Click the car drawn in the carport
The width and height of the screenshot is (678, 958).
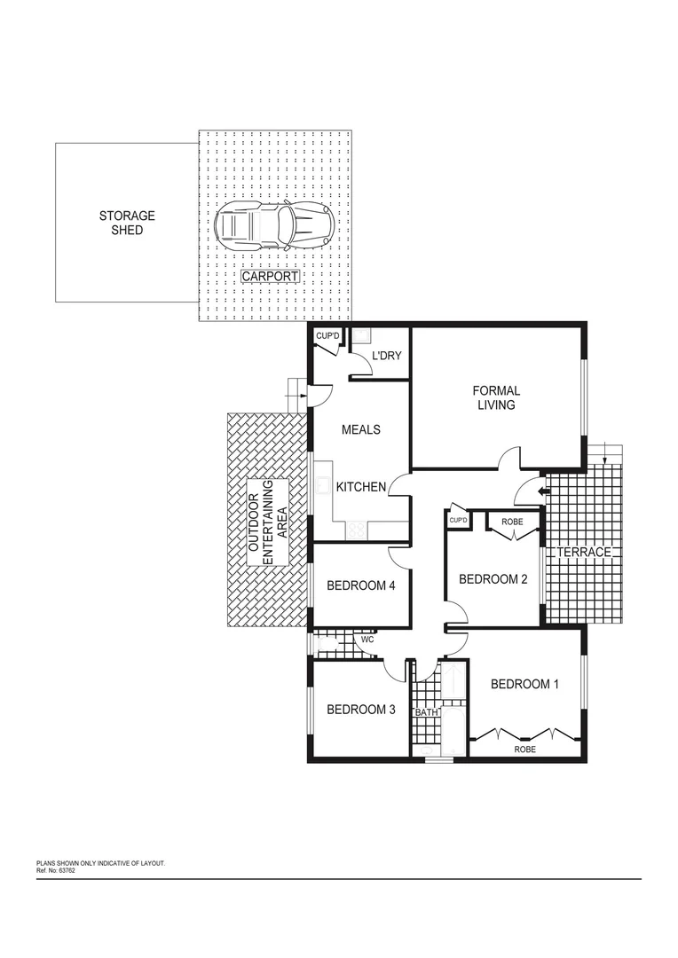274,224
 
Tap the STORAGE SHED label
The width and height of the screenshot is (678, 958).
126,223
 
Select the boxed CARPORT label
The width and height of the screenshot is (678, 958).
271,276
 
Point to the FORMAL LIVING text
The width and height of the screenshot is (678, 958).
496,397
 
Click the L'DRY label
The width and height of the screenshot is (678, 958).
386,356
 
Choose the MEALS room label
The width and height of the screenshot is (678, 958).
361,429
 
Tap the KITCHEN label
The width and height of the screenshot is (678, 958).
360,487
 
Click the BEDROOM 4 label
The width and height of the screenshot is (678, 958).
360,585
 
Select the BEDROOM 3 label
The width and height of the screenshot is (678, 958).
360,709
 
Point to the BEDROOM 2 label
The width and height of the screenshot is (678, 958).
493,579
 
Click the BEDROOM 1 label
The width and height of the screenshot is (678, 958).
525,684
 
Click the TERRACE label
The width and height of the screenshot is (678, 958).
584,553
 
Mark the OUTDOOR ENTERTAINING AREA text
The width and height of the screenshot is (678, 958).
267,522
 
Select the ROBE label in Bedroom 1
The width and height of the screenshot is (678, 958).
524,750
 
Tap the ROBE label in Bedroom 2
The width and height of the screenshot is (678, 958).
512,522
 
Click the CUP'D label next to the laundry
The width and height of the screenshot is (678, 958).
327,335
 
